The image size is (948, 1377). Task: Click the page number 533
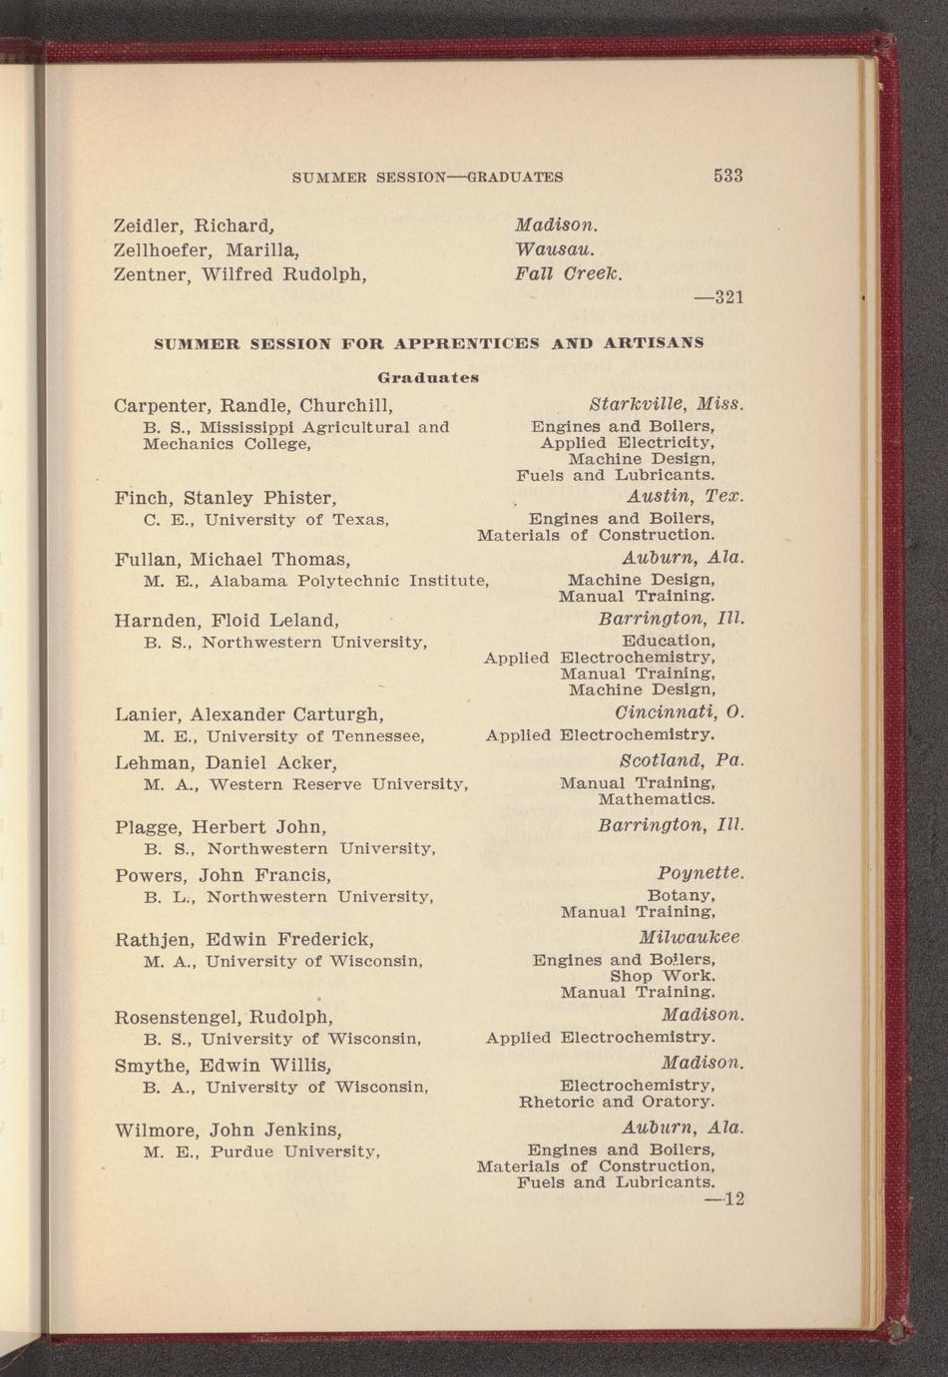tap(727, 176)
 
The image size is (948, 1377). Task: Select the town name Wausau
tap(555, 248)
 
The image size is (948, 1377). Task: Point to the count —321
tap(718, 297)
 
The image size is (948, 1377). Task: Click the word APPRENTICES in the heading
tap(467, 343)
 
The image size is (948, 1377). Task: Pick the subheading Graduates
tap(429, 377)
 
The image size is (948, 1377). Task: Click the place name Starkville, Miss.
tap(667, 405)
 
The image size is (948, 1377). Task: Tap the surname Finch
tap(145, 497)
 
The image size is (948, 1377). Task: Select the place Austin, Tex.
tap(685, 496)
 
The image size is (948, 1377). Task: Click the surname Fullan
tap(149, 559)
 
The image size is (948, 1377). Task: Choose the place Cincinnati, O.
tap(681, 713)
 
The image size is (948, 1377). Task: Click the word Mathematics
tap(656, 799)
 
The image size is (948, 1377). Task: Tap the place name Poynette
tap(700, 873)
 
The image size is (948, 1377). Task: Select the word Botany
tap(680, 895)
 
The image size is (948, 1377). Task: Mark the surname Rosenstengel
tap(178, 1018)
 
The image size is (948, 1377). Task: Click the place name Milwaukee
tap(689, 938)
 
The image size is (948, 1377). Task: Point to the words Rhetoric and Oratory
tap(617, 1103)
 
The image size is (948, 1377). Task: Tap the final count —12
tap(726, 1198)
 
